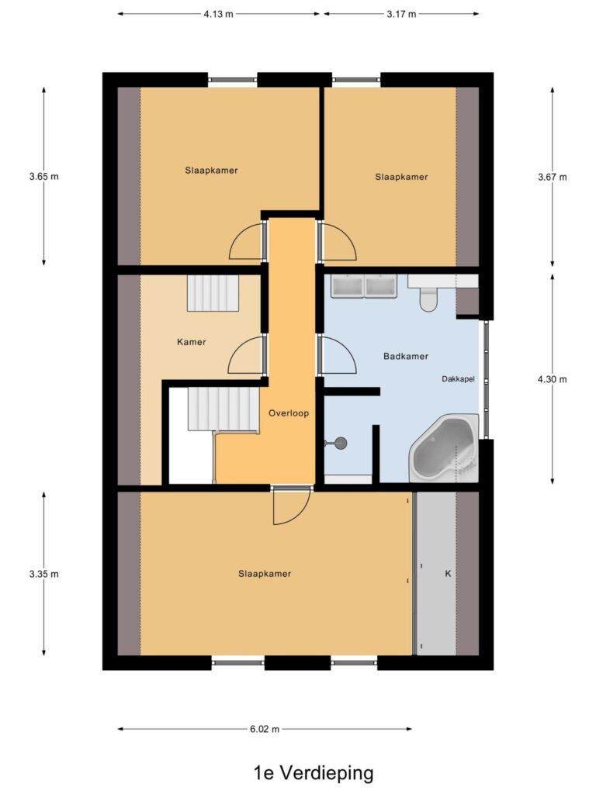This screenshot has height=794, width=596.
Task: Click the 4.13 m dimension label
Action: click(x=218, y=14)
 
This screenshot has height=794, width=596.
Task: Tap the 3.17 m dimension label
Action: click(x=401, y=14)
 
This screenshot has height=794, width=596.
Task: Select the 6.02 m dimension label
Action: click(x=265, y=729)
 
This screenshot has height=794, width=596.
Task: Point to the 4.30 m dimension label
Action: click(x=553, y=379)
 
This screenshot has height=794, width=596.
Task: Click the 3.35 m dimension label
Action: click(x=43, y=574)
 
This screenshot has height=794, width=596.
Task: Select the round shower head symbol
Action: click(x=341, y=443)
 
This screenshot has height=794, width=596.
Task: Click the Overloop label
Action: click(x=289, y=413)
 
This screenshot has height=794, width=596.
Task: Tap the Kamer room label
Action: click(x=192, y=342)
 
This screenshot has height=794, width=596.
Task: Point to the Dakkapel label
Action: click(x=458, y=378)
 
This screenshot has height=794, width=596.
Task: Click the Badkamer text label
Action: click(x=406, y=357)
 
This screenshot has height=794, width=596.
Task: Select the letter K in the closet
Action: click(x=448, y=574)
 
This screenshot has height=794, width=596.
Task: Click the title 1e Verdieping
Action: click(x=314, y=773)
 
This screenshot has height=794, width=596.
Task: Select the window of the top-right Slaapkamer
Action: click(x=356, y=80)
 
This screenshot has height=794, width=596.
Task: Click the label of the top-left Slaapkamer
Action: click(x=211, y=171)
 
